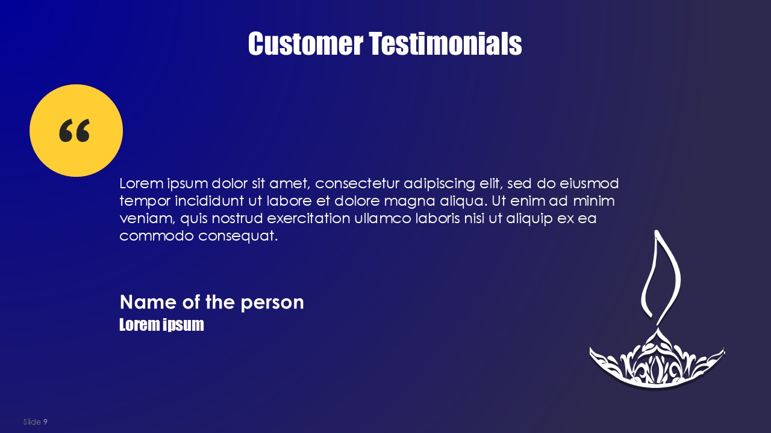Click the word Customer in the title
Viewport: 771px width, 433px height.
305,43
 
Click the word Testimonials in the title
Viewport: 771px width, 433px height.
446,43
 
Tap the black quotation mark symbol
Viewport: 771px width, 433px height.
74,131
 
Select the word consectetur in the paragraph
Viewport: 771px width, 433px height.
357,183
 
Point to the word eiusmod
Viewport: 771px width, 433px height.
589,183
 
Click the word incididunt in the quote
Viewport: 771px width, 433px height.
209,201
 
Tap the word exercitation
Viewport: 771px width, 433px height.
308,218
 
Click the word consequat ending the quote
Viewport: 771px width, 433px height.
238,236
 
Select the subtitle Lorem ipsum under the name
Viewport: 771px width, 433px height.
161,325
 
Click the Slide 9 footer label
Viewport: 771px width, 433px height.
35,422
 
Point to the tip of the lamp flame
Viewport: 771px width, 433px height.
656,230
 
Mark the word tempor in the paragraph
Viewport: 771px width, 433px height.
145,201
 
